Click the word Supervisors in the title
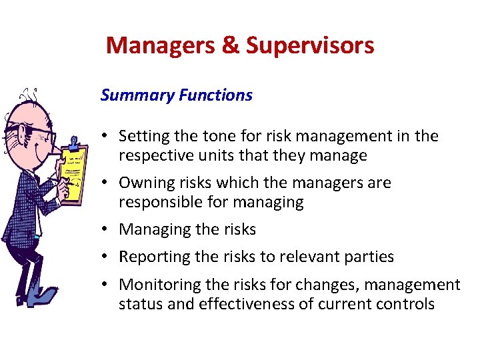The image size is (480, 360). pos(310,45)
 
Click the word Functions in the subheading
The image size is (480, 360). pos(215,95)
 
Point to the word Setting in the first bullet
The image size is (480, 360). pos(142,137)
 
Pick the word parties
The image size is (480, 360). pos(370,257)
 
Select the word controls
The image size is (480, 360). pos(406,304)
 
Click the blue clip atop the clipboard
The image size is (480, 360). pos(74,142)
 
